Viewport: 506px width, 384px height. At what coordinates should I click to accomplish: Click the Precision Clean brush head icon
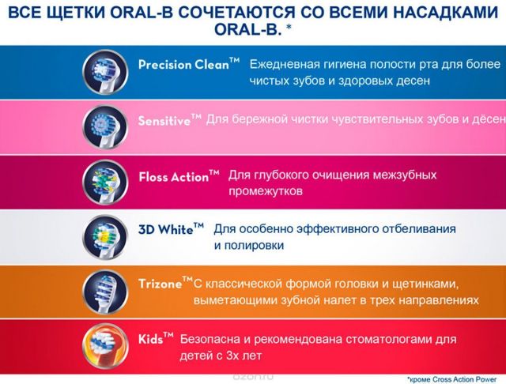pos(105,72)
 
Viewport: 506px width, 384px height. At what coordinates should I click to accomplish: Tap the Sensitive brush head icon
pos(105,127)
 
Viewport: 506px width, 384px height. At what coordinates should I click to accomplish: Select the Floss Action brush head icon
pos(105,183)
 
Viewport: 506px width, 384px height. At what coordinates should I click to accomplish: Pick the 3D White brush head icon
pos(105,238)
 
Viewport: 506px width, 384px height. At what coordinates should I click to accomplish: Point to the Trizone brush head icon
pos(105,292)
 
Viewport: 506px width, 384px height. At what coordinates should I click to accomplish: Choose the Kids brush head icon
pos(105,347)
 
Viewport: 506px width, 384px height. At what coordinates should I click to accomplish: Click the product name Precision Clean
pos(189,64)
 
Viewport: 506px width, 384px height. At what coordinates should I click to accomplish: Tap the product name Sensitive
pos(169,120)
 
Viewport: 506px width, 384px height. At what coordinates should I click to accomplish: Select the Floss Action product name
pos(179,176)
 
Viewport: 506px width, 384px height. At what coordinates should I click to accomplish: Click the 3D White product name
pos(171,229)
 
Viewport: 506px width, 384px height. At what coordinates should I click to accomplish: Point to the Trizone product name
pos(165,283)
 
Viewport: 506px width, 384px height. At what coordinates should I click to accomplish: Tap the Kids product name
pos(156,338)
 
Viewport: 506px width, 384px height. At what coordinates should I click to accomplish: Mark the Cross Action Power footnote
pos(451,379)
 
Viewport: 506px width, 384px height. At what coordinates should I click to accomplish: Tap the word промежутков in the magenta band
pos(266,191)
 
